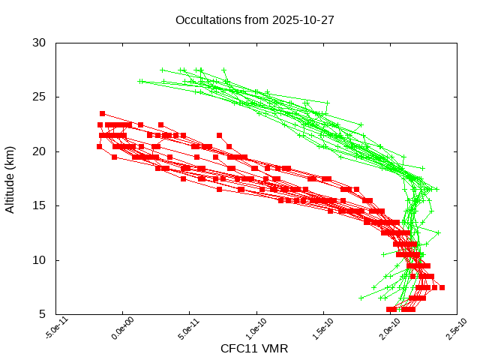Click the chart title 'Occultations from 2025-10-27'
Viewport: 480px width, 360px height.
(254, 19)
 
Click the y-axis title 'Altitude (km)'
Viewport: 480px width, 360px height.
(10, 178)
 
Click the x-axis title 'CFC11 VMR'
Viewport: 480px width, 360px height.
(254, 349)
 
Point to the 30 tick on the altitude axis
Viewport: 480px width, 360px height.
(40, 43)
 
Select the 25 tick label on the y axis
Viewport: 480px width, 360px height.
(40, 97)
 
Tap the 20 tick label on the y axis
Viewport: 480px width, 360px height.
(40, 151)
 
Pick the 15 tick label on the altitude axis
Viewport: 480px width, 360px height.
(40, 205)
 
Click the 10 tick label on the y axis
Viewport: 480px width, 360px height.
(40, 260)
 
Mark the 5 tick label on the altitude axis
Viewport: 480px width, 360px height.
(43, 314)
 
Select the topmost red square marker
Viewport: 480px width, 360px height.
(103, 113)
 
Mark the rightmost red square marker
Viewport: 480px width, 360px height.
(442, 287)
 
